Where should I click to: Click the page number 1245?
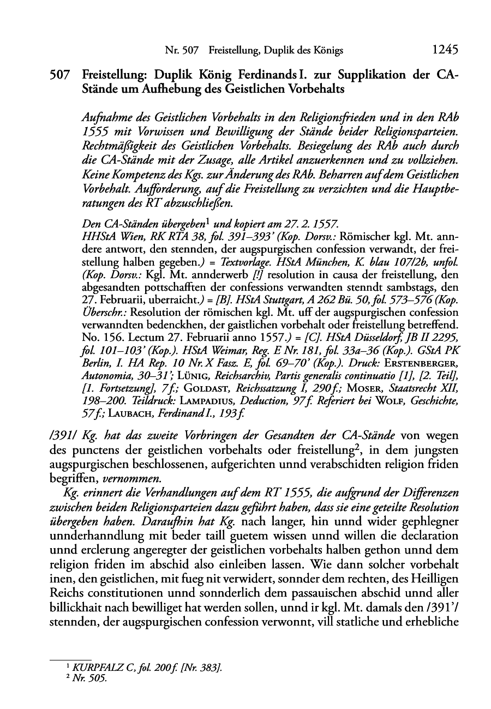pos(445,50)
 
